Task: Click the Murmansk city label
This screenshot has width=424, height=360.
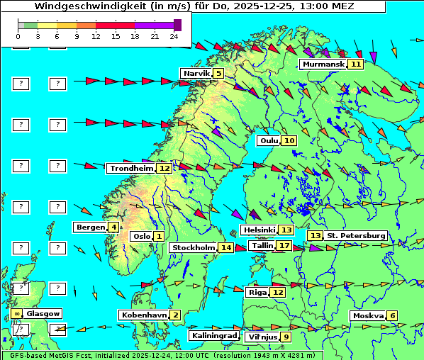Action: pos(323,64)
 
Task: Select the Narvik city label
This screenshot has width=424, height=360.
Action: pos(196,73)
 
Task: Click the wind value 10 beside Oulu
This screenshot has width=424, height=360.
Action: pos(290,140)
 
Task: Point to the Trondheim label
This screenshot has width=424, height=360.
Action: pos(131,168)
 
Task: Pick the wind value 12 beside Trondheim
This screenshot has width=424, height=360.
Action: pos(164,168)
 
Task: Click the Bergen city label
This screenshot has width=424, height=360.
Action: pos(90,227)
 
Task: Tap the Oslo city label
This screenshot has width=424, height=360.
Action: pos(140,236)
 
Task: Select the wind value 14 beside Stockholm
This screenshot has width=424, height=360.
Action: pos(226,247)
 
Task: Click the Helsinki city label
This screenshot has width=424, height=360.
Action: pos(258,230)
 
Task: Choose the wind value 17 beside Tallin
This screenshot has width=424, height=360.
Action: pos(284,245)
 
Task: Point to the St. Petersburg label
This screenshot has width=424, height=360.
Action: pos(355,235)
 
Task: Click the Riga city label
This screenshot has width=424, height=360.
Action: pos(257,292)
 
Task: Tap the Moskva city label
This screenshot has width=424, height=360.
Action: pos(368,315)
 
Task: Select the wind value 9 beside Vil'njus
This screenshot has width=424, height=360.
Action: pos(286,337)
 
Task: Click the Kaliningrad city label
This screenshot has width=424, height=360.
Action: pos(214,335)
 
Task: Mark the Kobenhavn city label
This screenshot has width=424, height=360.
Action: pos(143,315)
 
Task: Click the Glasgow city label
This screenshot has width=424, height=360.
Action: pos(43,313)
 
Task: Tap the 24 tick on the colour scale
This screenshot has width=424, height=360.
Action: pos(174,36)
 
